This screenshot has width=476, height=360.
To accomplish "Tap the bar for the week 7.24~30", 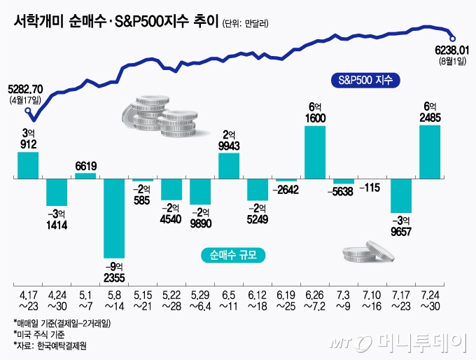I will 429,151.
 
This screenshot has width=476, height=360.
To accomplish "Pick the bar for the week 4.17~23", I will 28,165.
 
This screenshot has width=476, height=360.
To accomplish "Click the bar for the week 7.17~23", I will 400,196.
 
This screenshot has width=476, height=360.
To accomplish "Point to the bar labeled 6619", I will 85,176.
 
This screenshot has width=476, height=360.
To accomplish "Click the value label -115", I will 372,188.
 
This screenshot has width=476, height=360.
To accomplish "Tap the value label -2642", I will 286,190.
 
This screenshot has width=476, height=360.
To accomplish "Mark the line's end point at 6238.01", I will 454,38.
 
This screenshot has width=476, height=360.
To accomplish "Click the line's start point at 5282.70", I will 28,109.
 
